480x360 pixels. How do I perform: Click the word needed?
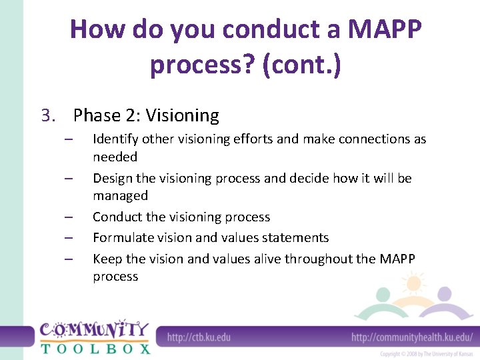point(115,157)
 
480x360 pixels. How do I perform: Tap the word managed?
point(120,196)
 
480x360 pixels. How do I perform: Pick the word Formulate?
point(121,238)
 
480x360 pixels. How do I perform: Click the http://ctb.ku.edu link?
point(199,337)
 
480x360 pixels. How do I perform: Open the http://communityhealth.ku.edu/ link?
point(412,337)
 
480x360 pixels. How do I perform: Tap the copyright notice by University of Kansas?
point(427,354)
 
